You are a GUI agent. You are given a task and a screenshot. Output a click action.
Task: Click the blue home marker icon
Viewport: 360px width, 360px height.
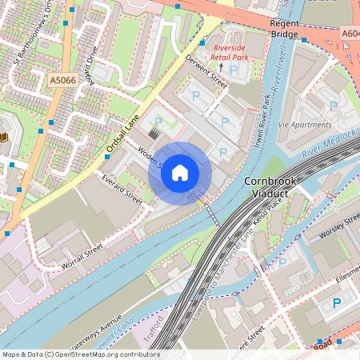pyautogui.click(x=180, y=173)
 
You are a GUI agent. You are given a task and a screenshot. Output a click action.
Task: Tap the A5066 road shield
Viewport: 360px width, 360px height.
pyautogui.click(x=63, y=81)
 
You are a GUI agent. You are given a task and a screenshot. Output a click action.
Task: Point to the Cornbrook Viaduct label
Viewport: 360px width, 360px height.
pyautogui.click(x=270, y=187)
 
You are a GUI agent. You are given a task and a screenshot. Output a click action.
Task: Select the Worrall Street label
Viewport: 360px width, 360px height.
pyautogui.click(x=82, y=257)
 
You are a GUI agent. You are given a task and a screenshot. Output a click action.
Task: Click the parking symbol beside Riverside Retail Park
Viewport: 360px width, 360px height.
pyautogui.click(x=233, y=70)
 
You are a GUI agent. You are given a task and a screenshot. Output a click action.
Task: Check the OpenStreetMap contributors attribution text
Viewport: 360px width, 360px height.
pyautogui.click(x=80, y=354)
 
